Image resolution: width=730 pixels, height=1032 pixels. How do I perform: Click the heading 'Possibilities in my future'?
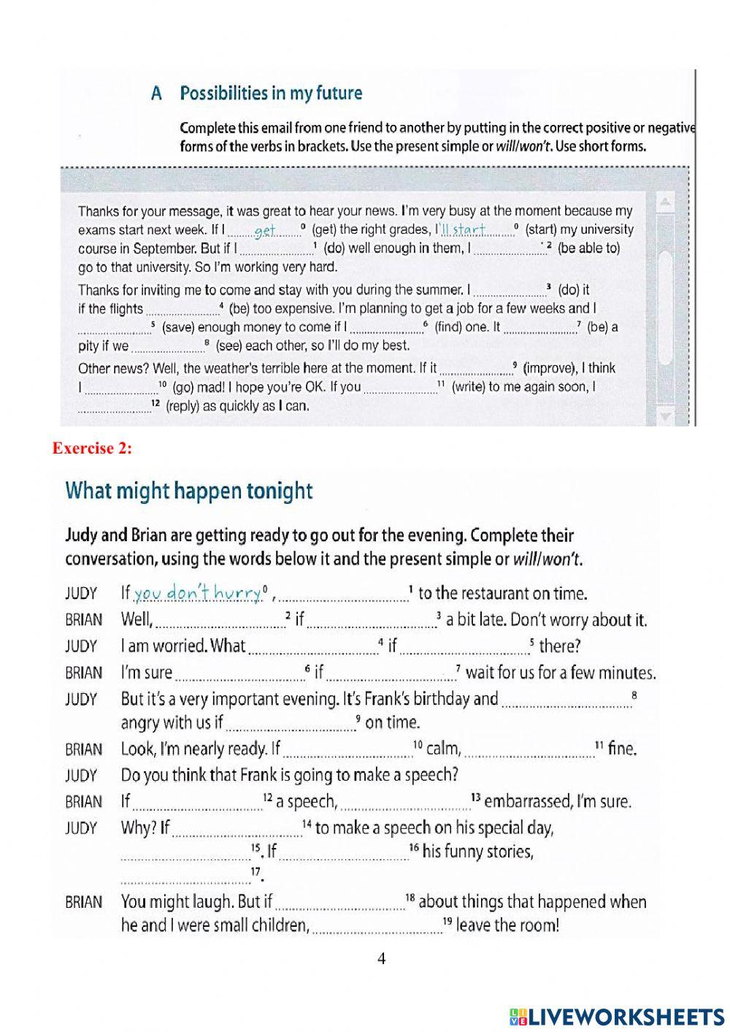(271, 93)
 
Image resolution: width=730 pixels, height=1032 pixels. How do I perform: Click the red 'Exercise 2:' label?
(92, 448)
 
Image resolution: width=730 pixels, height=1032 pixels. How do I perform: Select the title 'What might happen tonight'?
(189, 490)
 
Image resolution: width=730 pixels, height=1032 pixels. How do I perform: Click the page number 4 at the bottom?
(381, 958)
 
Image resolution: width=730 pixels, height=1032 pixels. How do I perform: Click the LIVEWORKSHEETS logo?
(616, 1016)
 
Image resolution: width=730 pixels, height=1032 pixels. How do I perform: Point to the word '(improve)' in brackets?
(548, 368)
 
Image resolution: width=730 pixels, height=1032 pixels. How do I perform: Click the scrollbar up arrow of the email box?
(665, 202)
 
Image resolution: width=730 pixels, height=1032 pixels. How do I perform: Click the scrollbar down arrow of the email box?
(665, 416)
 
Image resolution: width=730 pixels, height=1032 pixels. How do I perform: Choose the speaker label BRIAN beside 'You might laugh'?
(83, 902)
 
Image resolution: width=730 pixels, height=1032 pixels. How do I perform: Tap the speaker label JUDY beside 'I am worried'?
(80, 646)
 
